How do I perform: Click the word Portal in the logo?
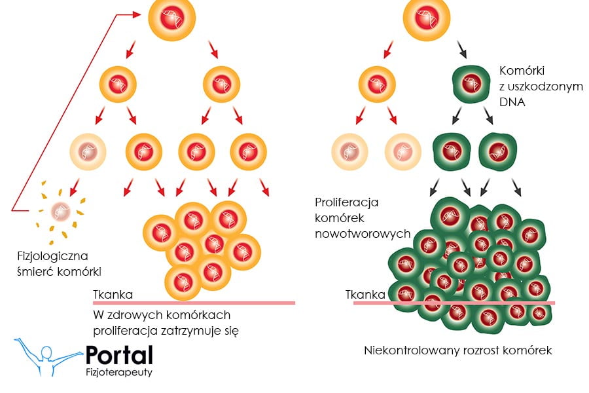click(119, 354)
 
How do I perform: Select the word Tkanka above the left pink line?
click(113, 295)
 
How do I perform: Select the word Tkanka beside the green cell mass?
click(365, 295)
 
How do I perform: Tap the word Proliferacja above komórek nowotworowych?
click(347, 202)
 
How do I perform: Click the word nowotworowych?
click(363, 233)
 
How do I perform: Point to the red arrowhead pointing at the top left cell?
click(138, 14)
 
